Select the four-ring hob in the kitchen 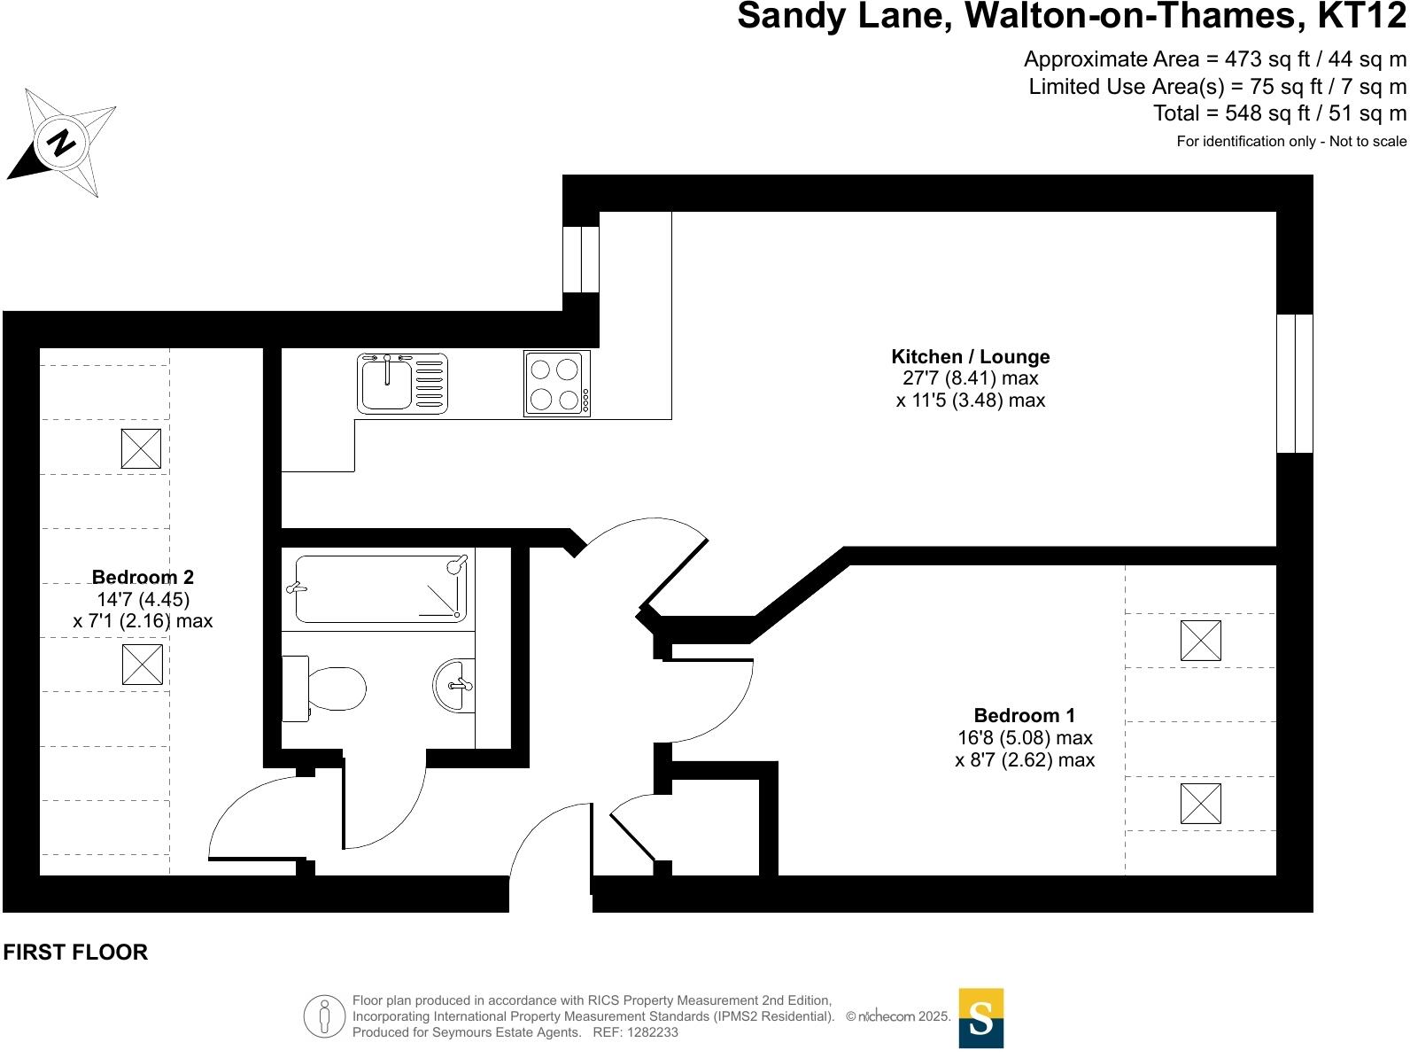tap(556, 383)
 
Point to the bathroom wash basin tap(454, 685)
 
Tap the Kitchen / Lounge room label tap(970, 357)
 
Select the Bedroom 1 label tap(1024, 716)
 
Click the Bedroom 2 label tap(143, 578)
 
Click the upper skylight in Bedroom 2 tap(141, 448)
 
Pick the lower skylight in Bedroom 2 tap(142, 665)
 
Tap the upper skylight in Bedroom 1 tap(1200, 641)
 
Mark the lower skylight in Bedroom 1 tap(1200, 804)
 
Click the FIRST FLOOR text tap(75, 953)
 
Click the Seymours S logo tap(980, 1018)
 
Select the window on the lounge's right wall tap(1294, 383)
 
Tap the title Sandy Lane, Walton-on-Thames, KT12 tap(1071, 16)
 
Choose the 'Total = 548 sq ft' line tap(1279, 113)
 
